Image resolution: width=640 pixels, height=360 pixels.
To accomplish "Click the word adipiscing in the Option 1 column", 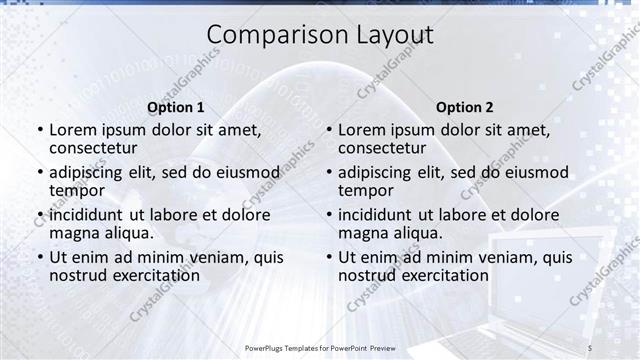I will click(87, 172).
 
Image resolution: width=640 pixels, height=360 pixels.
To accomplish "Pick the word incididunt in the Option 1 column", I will click(87, 215).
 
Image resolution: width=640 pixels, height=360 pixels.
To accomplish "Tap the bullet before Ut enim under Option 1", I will click(39, 258).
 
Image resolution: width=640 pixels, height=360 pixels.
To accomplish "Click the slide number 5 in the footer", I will click(589, 347).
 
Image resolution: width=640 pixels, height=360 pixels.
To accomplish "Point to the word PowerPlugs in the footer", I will click(267, 347).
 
